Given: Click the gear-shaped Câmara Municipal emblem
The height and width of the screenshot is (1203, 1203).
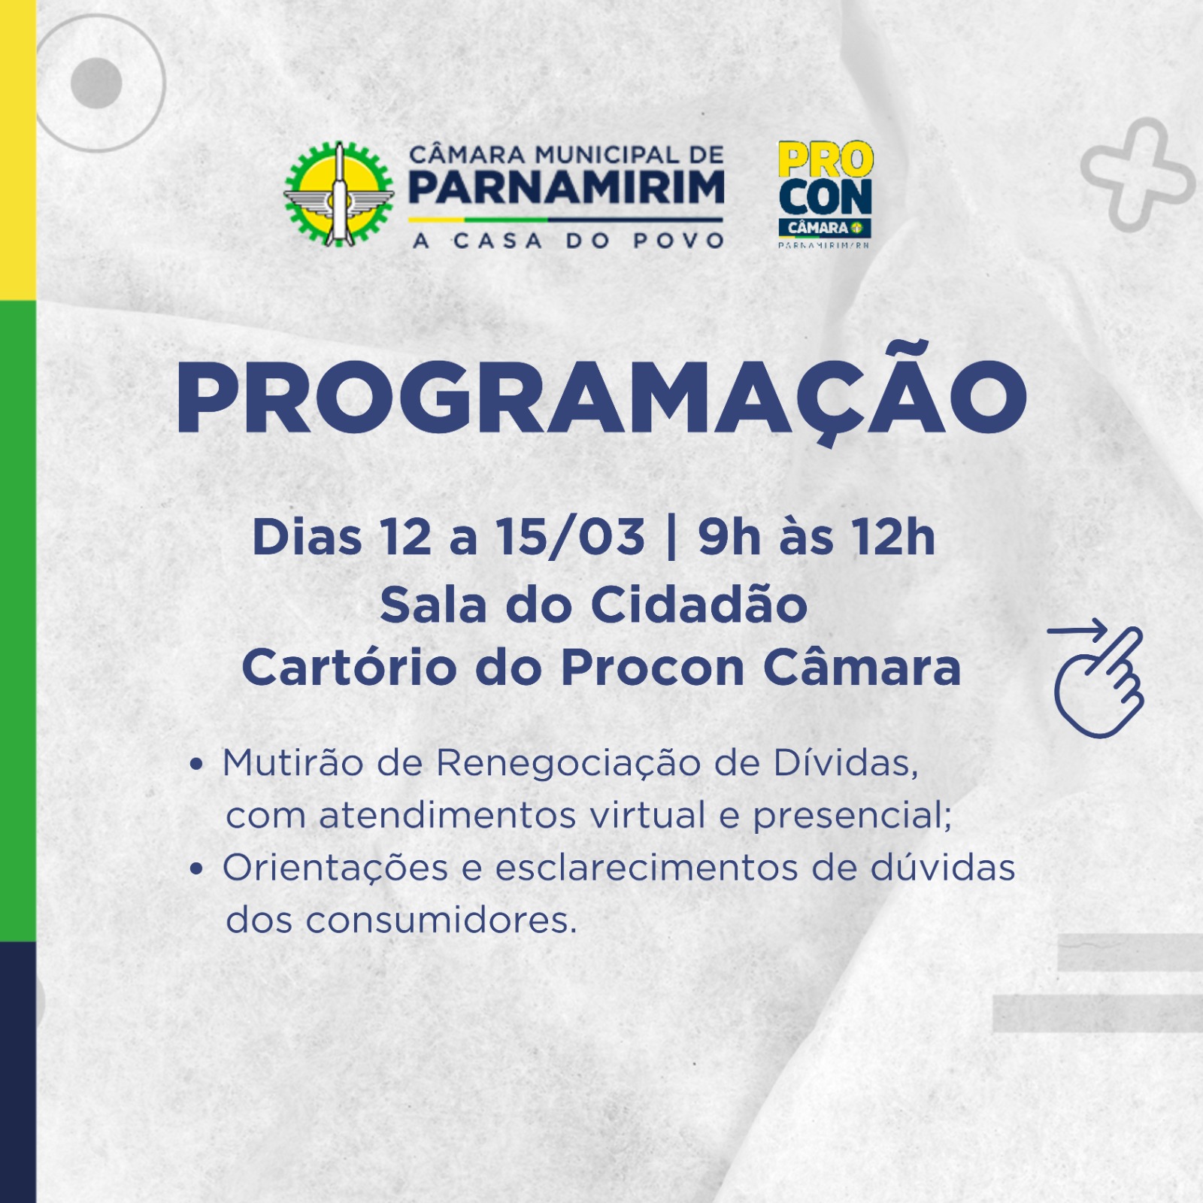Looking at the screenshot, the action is pyautogui.click(x=338, y=194).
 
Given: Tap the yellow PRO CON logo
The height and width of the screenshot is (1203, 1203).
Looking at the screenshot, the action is pyautogui.click(x=825, y=194).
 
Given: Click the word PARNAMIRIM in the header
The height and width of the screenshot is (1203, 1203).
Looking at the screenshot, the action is pyautogui.click(x=566, y=188).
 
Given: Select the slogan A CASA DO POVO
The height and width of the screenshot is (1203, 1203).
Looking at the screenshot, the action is pyautogui.click(x=568, y=241).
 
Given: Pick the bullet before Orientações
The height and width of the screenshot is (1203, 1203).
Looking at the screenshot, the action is pyautogui.click(x=197, y=869).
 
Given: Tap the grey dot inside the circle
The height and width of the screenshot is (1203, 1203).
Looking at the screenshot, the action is pyautogui.click(x=96, y=83).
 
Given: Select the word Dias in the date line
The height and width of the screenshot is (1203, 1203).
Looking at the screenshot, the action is pyautogui.click(x=307, y=537).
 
